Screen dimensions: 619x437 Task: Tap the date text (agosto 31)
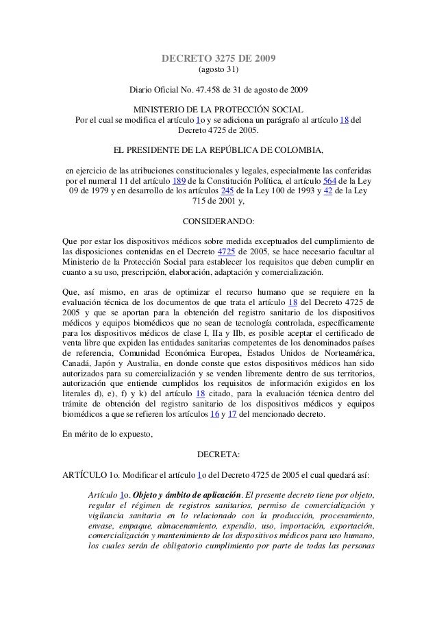pos(218,71)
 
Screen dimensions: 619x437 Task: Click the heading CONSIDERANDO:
pos(218,222)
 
